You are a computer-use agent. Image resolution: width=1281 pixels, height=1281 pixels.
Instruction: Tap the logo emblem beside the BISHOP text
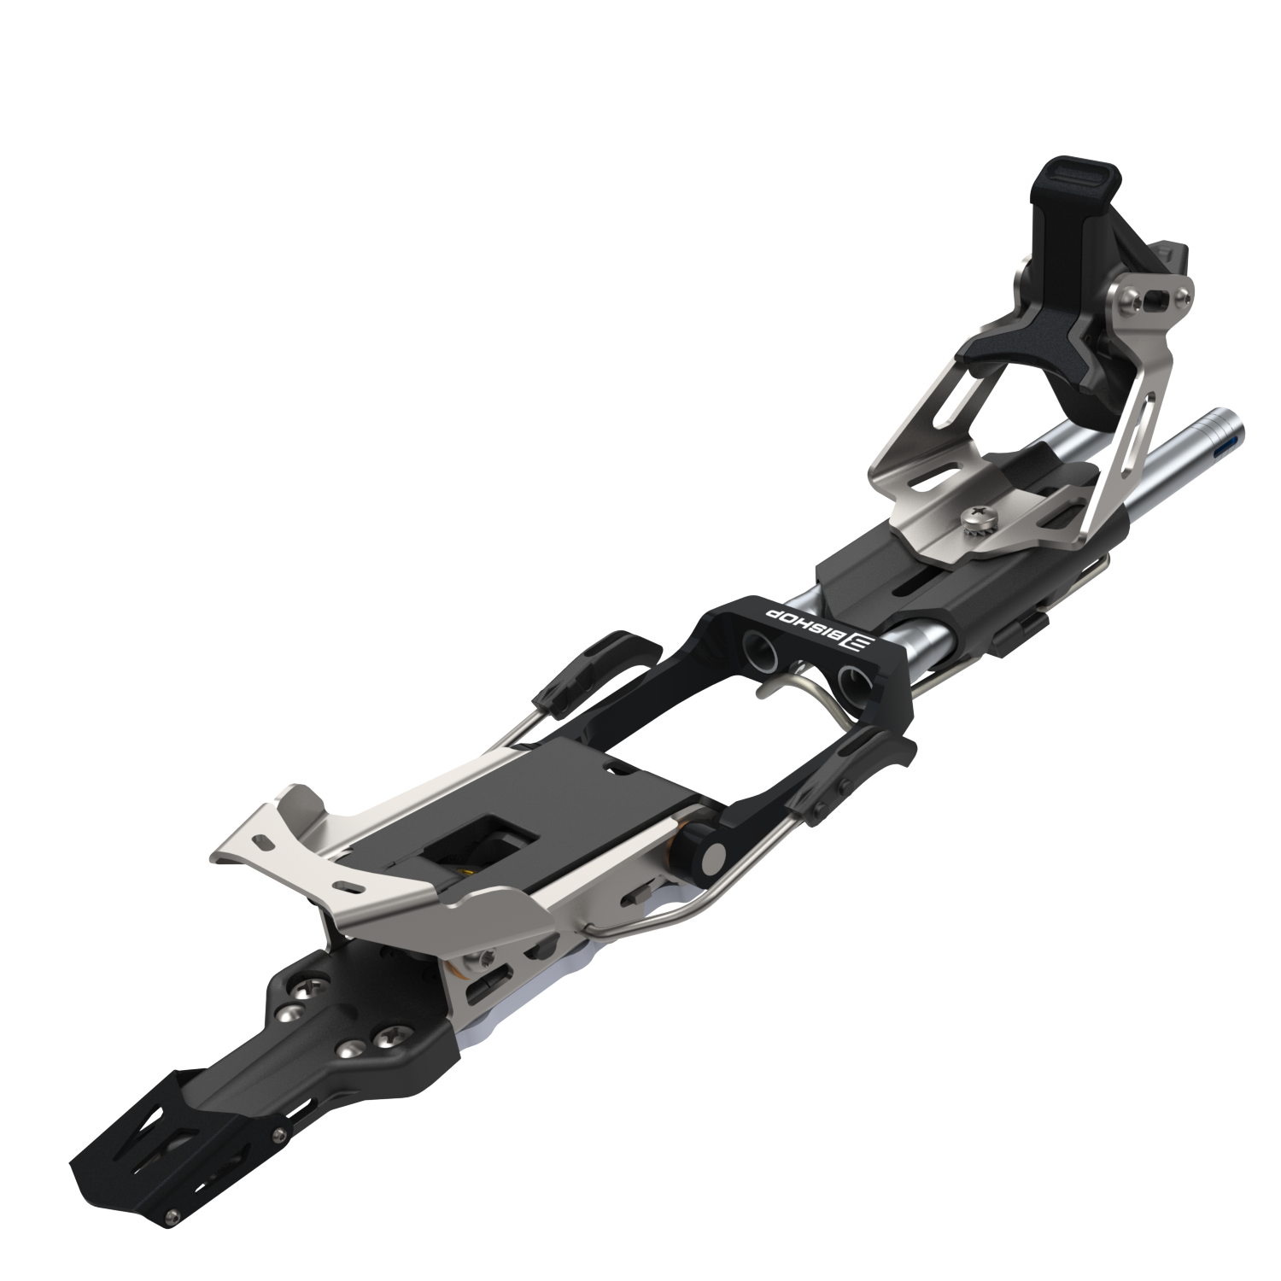point(857,641)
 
